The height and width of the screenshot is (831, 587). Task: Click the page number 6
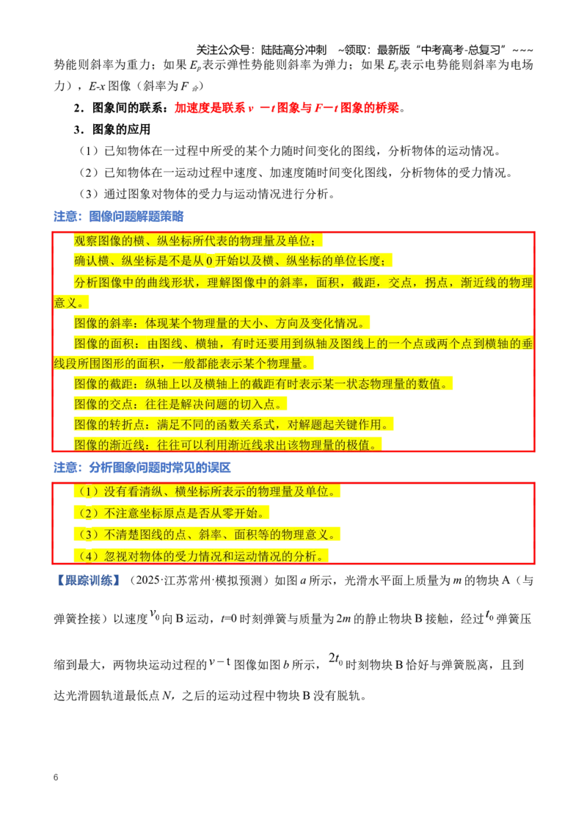click(56, 777)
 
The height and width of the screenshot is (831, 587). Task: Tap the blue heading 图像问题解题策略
click(136, 217)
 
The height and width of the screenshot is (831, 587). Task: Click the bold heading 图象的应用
click(121, 129)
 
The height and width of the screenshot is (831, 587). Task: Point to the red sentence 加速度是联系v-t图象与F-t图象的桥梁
click(287, 108)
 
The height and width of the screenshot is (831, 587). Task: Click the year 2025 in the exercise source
click(148, 581)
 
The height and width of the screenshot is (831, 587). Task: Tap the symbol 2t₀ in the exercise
click(336, 659)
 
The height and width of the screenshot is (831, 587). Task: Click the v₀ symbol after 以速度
click(154, 614)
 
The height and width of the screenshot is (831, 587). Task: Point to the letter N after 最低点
click(167, 695)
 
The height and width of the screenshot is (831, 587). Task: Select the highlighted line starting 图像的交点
click(180, 404)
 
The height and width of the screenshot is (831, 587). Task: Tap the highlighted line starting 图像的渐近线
click(227, 445)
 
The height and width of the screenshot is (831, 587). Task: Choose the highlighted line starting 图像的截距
click(263, 384)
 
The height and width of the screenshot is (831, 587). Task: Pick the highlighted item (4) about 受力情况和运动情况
click(201, 556)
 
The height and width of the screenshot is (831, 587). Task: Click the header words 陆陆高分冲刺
click(294, 50)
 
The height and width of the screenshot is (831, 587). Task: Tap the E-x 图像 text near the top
click(109, 86)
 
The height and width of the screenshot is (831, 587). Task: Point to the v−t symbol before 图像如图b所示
click(219, 662)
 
